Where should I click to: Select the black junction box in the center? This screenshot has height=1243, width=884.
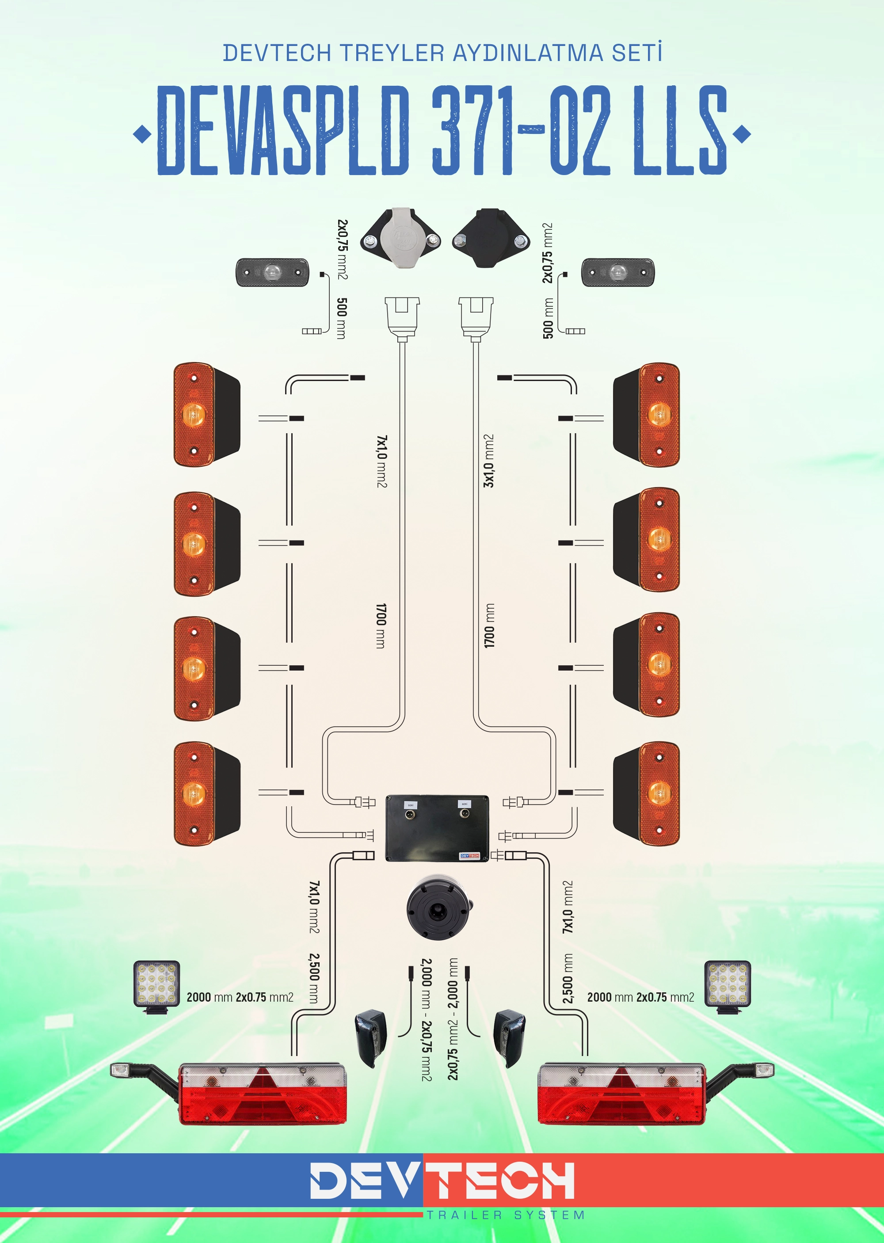click(x=437, y=828)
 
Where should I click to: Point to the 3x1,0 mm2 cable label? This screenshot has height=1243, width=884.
click(x=489, y=461)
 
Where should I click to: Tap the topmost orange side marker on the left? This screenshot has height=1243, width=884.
click(x=207, y=415)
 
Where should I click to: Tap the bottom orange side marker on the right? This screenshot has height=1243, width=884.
click(x=647, y=793)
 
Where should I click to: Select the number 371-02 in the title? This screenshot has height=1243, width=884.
click(x=521, y=130)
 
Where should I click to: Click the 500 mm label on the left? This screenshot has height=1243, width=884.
click(x=341, y=318)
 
